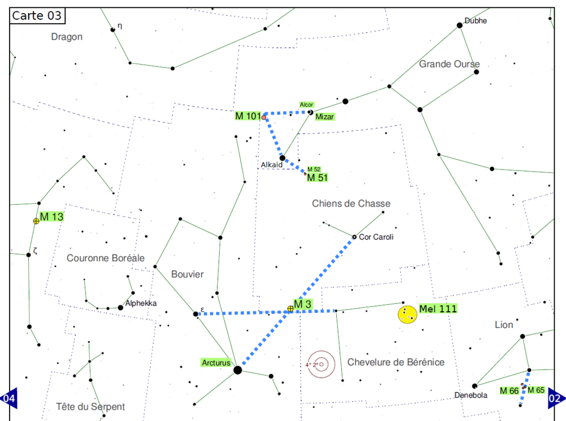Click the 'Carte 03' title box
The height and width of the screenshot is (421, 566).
pos(37,15)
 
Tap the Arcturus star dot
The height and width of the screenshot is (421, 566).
pos(238,370)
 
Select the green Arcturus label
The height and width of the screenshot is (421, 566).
pos(216,363)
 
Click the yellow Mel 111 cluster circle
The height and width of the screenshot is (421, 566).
pos(407,314)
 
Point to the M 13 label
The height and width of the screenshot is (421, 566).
pos(52,217)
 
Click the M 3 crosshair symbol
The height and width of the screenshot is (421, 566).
pos(290,309)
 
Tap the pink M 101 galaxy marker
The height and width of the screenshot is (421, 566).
pos(264,117)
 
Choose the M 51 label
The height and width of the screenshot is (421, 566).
pos(318,178)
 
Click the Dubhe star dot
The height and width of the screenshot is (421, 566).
pos(460,25)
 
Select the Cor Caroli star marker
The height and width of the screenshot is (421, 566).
pos(354,237)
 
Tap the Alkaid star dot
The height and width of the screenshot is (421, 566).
pos(282,158)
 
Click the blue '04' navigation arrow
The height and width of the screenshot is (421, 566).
pos(9,398)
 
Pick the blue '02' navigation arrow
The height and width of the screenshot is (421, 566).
pos(556,398)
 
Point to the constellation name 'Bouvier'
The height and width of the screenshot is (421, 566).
pos(187,274)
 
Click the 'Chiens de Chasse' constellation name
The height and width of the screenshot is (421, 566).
pos(351,203)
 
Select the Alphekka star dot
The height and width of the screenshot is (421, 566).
pos(120,308)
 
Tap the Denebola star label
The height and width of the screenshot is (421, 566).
pos(471,395)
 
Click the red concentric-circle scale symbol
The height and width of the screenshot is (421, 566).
pos(321,364)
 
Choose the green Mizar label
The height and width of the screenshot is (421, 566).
pos(324,117)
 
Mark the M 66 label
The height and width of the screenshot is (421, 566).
pos(509,390)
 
